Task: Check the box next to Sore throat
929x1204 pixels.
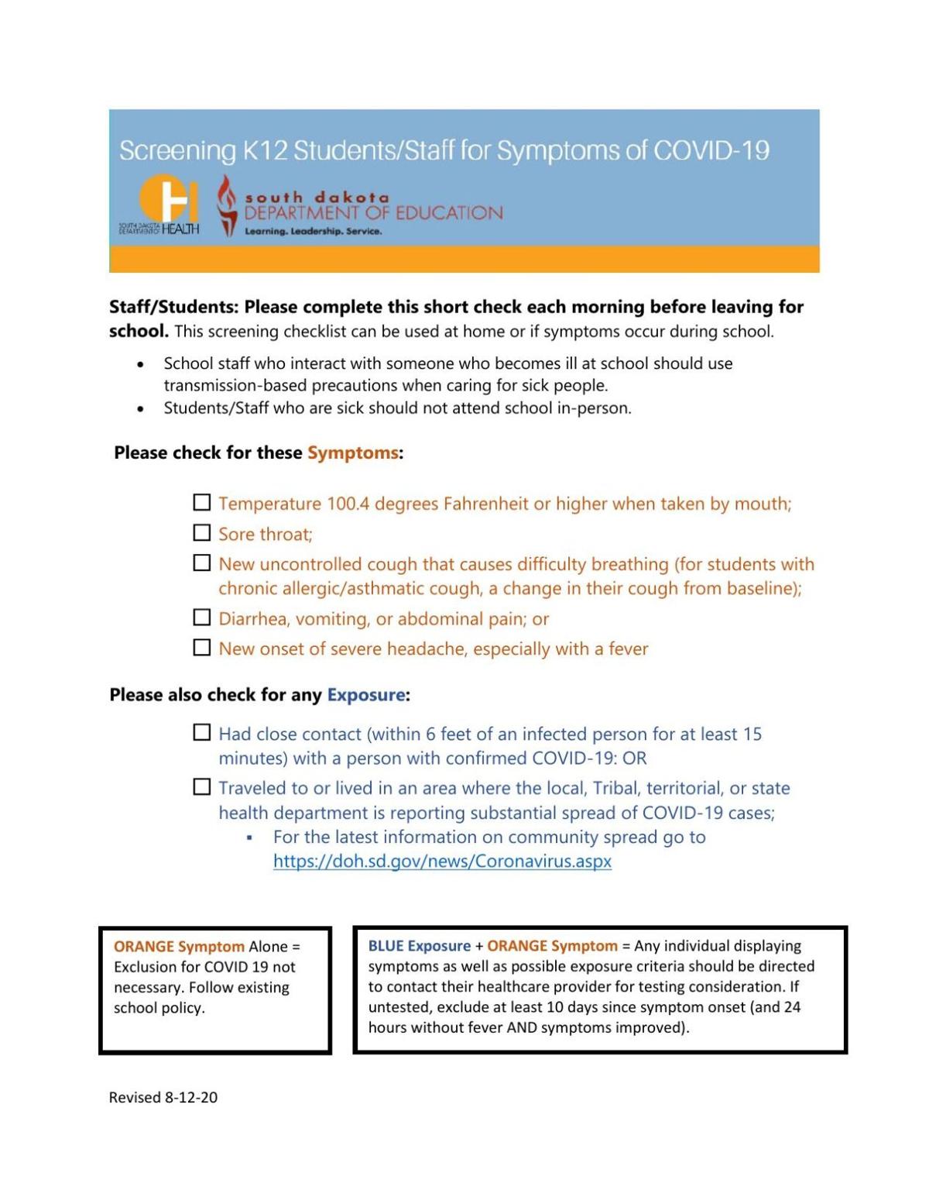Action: click(201, 533)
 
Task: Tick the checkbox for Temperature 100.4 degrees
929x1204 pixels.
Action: click(201, 503)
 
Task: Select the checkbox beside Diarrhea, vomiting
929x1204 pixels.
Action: click(201, 617)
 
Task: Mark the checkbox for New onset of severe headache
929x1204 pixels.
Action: click(201, 648)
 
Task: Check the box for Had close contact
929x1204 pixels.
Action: click(201, 732)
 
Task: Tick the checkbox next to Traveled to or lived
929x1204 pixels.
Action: click(201, 787)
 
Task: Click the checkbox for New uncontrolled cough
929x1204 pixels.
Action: click(201, 563)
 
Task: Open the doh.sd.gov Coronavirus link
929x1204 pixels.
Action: click(442, 862)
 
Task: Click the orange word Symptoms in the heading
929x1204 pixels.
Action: click(353, 452)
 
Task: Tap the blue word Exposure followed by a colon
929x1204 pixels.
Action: click(366, 695)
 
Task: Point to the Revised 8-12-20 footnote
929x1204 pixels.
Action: click(163, 1097)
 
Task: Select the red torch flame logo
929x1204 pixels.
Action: click(226, 205)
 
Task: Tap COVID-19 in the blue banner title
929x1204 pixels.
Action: click(711, 150)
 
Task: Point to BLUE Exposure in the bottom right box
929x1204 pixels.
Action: click(419, 946)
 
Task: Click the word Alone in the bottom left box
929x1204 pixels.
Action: click(268, 947)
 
